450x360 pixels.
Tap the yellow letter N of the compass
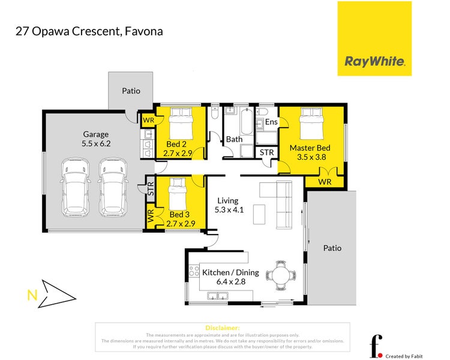pyautogui.click(x=31, y=294)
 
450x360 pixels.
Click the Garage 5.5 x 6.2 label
pyautogui.click(x=97, y=139)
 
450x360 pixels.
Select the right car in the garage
pyautogui.click(x=112, y=187)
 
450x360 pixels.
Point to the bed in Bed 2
pyautogui.click(x=180, y=122)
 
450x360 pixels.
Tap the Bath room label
pyautogui.click(x=234, y=140)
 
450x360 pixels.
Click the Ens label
pyautogui.click(x=271, y=122)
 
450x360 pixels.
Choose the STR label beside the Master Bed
pyautogui.click(x=267, y=152)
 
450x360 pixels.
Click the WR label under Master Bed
pyautogui.click(x=325, y=181)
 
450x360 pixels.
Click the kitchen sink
pyautogui.click(x=216, y=295)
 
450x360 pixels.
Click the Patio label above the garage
pyautogui.click(x=131, y=91)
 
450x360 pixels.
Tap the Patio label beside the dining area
pyautogui.click(x=332, y=247)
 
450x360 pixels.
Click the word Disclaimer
pyautogui.click(x=223, y=328)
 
